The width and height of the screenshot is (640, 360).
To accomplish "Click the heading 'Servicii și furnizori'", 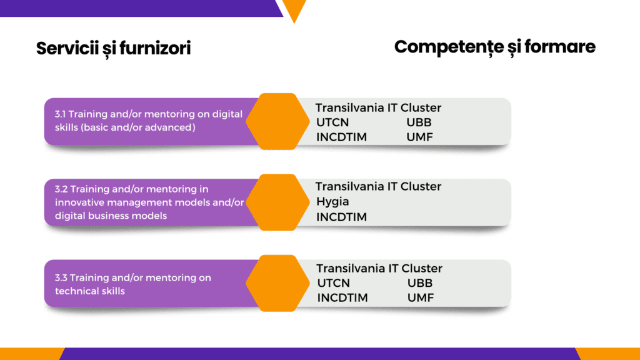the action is click(x=114, y=49).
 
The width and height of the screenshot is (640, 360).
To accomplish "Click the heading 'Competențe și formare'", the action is click(x=495, y=47).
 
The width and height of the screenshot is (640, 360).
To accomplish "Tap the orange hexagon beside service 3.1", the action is click(x=277, y=121).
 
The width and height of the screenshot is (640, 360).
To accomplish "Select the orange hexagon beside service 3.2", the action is click(x=277, y=202).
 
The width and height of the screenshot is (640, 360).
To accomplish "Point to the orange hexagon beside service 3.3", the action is click(x=277, y=283).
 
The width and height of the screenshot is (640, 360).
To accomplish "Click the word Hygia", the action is click(x=332, y=202).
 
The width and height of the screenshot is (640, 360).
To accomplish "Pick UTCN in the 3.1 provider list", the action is click(x=332, y=122).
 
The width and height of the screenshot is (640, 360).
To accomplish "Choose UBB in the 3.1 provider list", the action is click(x=419, y=122).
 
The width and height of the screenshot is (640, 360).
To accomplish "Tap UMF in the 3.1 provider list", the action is click(x=419, y=137).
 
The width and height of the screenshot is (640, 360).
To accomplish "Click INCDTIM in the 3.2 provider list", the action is click(x=342, y=217).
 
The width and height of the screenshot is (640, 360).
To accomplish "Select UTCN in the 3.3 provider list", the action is click(x=334, y=283).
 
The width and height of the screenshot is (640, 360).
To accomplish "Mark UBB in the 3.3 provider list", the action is click(x=420, y=283).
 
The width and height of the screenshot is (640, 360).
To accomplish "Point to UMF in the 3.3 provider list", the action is click(x=421, y=298).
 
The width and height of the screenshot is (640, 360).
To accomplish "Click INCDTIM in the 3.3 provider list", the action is click(x=342, y=298).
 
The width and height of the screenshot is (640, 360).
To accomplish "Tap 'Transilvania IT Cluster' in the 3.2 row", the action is click(x=378, y=186).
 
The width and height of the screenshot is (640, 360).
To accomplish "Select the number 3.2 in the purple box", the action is click(x=61, y=189).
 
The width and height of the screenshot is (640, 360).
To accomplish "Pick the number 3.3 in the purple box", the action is click(x=61, y=278).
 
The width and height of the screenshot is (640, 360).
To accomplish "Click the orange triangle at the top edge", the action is click(x=294, y=9).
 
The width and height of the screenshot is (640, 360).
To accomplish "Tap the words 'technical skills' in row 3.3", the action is click(x=90, y=291).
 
